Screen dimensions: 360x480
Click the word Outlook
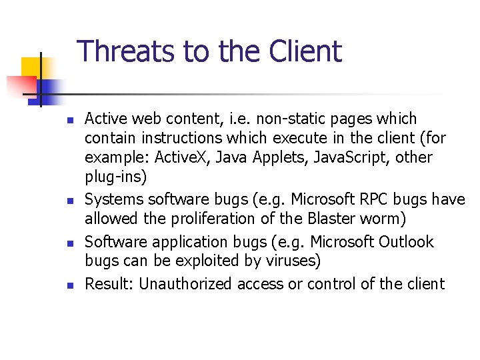(x=407, y=241)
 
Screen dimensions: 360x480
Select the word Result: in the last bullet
(x=109, y=284)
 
